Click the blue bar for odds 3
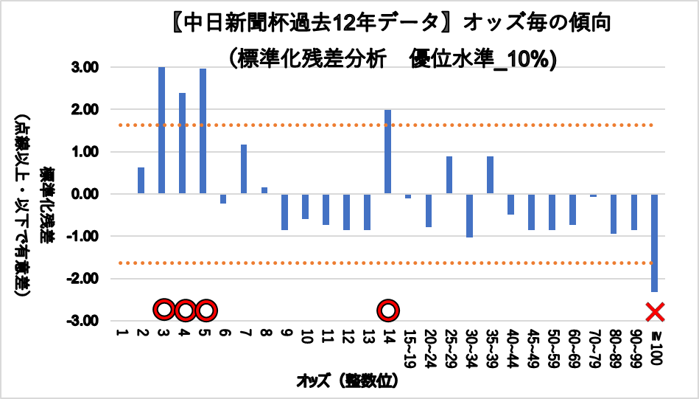(x=161, y=130)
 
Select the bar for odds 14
(x=387, y=152)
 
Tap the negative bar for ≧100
(x=654, y=243)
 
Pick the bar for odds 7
(x=244, y=169)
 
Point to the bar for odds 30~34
(x=469, y=215)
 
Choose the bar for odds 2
(x=141, y=181)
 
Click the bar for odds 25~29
(x=449, y=175)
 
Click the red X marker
(x=655, y=312)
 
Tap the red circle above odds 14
(x=388, y=310)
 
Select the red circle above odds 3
(x=164, y=310)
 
